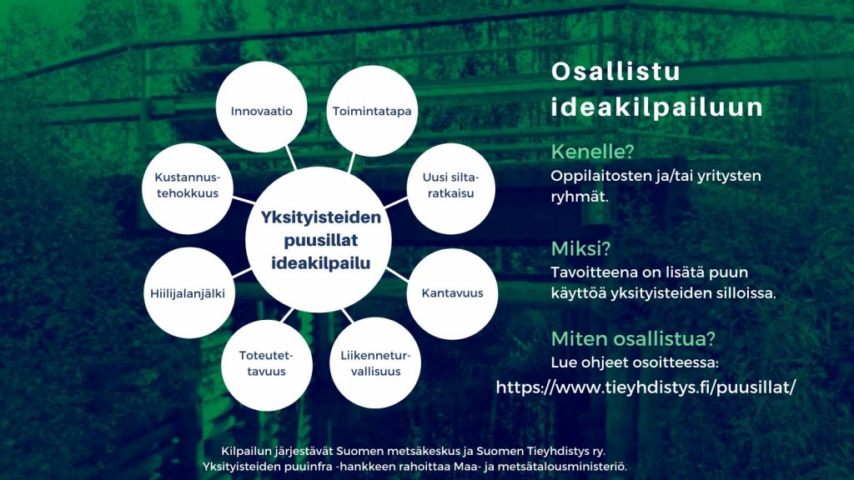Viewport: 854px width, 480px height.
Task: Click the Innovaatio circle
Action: (x=261, y=107)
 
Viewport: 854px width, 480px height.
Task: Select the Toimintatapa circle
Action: (x=372, y=111)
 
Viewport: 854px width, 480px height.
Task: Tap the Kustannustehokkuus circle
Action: (x=188, y=188)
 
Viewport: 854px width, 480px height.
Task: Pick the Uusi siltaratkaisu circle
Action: (x=450, y=188)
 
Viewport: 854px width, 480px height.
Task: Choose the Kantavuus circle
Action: (x=452, y=294)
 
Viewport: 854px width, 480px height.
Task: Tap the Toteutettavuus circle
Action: (x=267, y=365)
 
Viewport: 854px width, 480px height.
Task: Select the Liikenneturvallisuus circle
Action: (x=375, y=363)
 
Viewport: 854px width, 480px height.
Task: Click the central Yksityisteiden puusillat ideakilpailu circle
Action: (x=319, y=240)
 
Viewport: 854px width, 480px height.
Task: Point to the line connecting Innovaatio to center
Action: (x=291, y=157)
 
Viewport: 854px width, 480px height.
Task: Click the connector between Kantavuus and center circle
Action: (x=397, y=275)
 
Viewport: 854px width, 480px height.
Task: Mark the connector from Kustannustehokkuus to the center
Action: (x=244, y=200)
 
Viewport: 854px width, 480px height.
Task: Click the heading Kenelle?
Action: (x=593, y=152)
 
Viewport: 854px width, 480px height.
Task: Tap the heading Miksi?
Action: (x=580, y=248)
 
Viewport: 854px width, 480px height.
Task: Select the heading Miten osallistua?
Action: (x=633, y=338)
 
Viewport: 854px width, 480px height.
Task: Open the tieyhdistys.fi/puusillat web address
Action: (x=646, y=387)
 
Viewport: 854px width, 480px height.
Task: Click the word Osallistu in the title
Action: (x=615, y=72)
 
